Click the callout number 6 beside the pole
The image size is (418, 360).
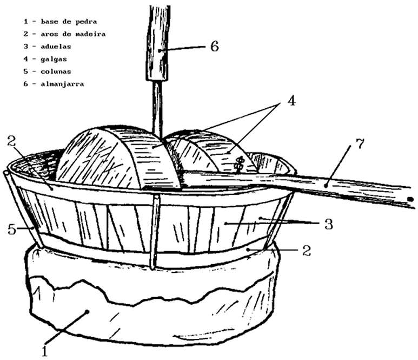pyautogui.click(x=214, y=47)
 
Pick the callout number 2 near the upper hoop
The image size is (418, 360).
pyautogui.click(x=12, y=143)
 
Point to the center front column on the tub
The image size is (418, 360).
pyautogui.click(x=155, y=233)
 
